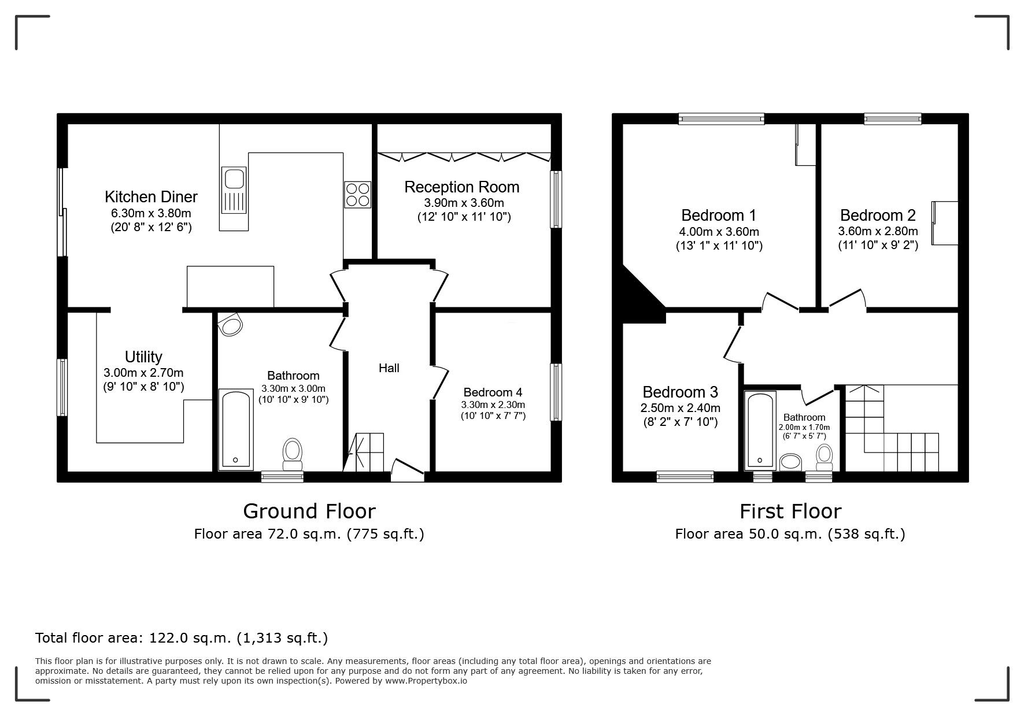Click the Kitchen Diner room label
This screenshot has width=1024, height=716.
[x=151, y=197]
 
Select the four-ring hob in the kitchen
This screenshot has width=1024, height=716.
[x=357, y=194]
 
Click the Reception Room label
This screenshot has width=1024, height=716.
[x=461, y=187]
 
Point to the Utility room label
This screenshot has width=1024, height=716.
[x=143, y=357]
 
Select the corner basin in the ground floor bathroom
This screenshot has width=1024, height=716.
[x=231, y=325]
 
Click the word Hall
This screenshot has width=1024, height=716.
[x=389, y=368]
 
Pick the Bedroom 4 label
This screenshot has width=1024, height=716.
[x=493, y=392]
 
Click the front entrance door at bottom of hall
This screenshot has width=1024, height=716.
[x=408, y=469]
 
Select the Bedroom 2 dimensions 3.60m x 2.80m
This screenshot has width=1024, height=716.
[x=878, y=231]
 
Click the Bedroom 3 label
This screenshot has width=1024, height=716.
[x=680, y=392]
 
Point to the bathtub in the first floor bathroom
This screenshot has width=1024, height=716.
[x=760, y=429]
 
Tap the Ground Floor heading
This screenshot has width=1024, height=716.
[x=309, y=511]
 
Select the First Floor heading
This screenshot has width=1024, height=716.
[x=790, y=511]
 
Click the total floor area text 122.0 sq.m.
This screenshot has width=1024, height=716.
[x=182, y=638]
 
